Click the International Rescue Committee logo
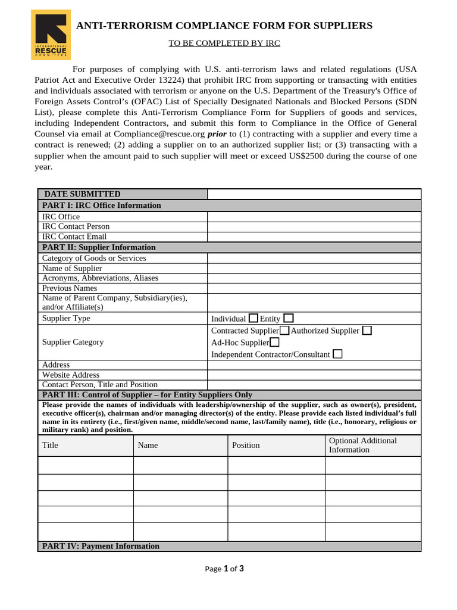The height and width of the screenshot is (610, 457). [51, 35]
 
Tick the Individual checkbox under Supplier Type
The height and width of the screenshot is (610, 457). [253, 318]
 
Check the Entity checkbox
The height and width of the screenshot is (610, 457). [289, 318]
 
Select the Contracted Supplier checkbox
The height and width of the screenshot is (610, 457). [285, 330]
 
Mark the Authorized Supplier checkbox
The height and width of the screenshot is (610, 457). [367, 330]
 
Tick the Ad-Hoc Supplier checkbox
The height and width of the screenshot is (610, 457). [274, 342]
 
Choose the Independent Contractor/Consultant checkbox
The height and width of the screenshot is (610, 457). [337, 354]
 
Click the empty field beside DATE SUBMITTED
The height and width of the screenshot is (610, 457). [314, 194]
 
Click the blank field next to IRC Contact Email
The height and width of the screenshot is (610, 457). [314, 236]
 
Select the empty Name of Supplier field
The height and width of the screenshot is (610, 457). [314, 268]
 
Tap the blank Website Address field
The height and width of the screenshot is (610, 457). [314, 375]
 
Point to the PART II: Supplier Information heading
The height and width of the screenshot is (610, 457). [99, 247]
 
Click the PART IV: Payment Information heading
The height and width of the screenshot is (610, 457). [101, 546]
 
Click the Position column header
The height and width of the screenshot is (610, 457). [246, 445]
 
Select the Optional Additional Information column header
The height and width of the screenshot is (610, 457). [362, 445]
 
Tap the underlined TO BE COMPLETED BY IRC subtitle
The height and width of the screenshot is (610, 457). [224, 43]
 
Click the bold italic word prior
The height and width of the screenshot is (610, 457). [217, 134]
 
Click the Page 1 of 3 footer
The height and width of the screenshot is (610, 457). [224, 568]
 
